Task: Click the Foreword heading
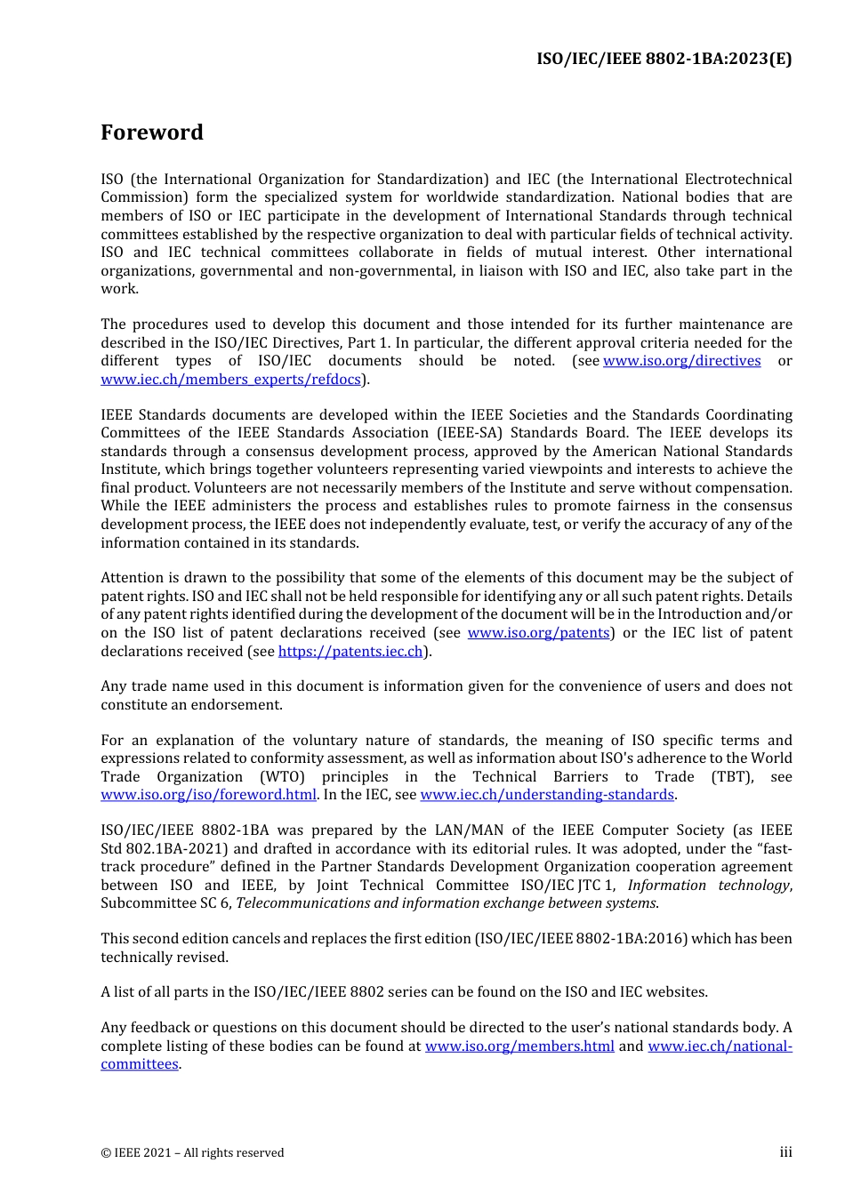[x=152, y=132]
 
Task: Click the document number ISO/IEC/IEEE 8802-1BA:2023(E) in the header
[x=664, y=60]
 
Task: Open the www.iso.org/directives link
[x=681, y=361]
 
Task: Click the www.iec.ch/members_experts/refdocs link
[x=230, y=380]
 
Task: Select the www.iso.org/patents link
[x=538, y=633]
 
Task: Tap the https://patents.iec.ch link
[x=350, y=652]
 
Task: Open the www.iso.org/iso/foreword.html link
[x=208, y=795]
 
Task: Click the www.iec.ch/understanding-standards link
[x=547, y=795]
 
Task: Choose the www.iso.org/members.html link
[x=519, y=1047]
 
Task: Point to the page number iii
[x=785, y=1152]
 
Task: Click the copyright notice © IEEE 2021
[x=192, y=1153]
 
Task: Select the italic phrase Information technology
[x=709, y=886]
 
